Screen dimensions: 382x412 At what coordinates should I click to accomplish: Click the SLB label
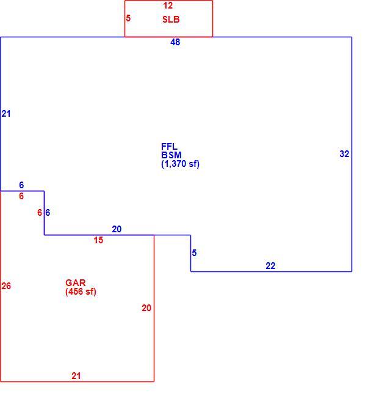coord(171,20)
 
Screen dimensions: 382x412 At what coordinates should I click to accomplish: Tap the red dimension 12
coord(168,6)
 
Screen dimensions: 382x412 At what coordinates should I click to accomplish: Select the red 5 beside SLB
coord(128,18)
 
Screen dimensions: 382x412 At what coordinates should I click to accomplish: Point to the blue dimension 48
coord(175,42)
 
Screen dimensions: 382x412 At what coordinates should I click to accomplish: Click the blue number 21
coord(6,114)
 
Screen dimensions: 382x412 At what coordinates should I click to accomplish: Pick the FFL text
coord(169,146)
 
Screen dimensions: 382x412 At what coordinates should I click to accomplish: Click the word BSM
coord(171,155)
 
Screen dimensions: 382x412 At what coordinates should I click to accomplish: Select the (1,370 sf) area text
coord(180,164)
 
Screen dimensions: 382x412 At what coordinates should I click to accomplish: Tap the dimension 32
coord(344,154)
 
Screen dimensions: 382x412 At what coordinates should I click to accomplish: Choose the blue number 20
coord(117,229)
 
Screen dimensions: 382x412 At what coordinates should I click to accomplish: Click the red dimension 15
coord(98,240)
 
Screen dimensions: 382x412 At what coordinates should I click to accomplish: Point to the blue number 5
coord(194,253)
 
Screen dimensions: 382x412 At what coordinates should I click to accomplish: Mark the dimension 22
coord(270,266)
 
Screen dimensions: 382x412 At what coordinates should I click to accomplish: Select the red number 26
coord(6,286)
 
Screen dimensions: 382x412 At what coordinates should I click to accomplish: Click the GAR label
coord(76,283)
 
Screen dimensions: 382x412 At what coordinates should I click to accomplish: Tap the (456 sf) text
coord(81,292)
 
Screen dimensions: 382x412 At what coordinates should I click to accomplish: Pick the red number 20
coord(146,308)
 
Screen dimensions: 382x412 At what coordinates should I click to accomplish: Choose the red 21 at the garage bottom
coord(76,376)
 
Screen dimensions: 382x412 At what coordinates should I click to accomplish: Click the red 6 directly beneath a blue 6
coord(21,196)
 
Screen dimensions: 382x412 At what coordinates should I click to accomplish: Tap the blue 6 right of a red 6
coord(48,213)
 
